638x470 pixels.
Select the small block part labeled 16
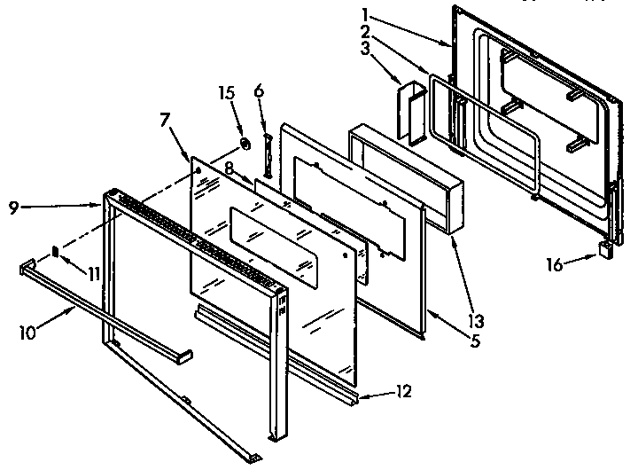[606, 250]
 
